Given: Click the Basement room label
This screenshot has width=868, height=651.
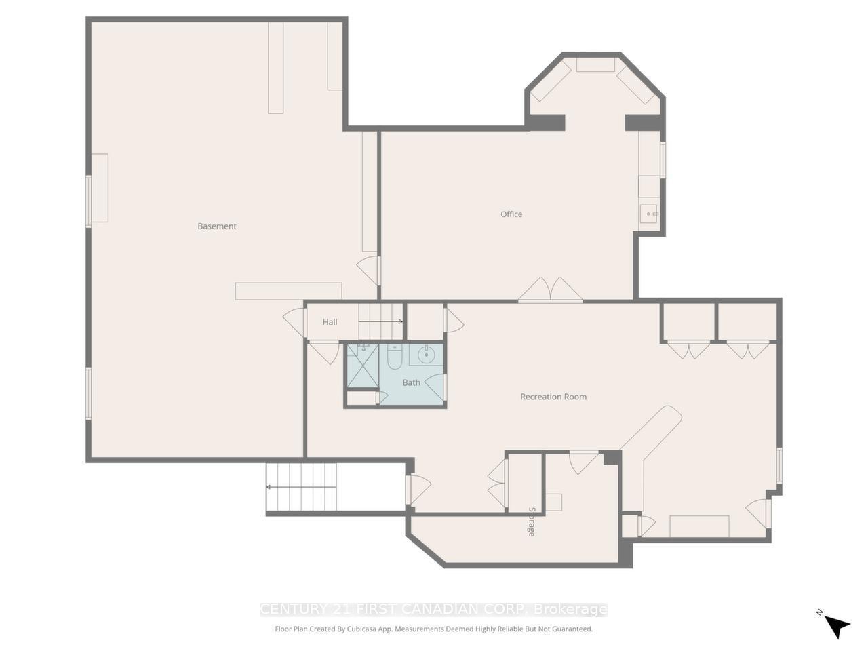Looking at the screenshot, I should pos(217,226).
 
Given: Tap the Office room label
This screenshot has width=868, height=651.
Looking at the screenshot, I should pos(511,214).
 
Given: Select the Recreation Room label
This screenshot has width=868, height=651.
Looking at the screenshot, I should pos(553,397).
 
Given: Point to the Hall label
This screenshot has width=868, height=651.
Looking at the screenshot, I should pos(330,322).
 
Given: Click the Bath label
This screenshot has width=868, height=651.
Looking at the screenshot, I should pos(412,382).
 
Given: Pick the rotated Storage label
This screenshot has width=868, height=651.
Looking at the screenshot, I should pos(532,521).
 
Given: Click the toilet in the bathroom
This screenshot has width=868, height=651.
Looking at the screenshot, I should pos(395,356).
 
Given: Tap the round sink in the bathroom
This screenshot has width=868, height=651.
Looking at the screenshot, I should pos(427,354).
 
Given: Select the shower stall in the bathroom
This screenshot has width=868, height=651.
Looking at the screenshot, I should pos(363,366).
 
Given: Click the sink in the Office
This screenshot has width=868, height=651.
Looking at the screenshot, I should pos(649,214).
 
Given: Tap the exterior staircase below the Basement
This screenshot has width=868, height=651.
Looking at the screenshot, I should pos(302,486).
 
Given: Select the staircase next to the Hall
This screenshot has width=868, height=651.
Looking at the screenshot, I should pos(381,321).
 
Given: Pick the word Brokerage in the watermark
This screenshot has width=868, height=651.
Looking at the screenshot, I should pos(570,610).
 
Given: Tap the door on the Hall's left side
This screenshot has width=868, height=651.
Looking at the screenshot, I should pos(295,322).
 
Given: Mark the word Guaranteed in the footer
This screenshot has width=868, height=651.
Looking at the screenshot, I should pos(569,629).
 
